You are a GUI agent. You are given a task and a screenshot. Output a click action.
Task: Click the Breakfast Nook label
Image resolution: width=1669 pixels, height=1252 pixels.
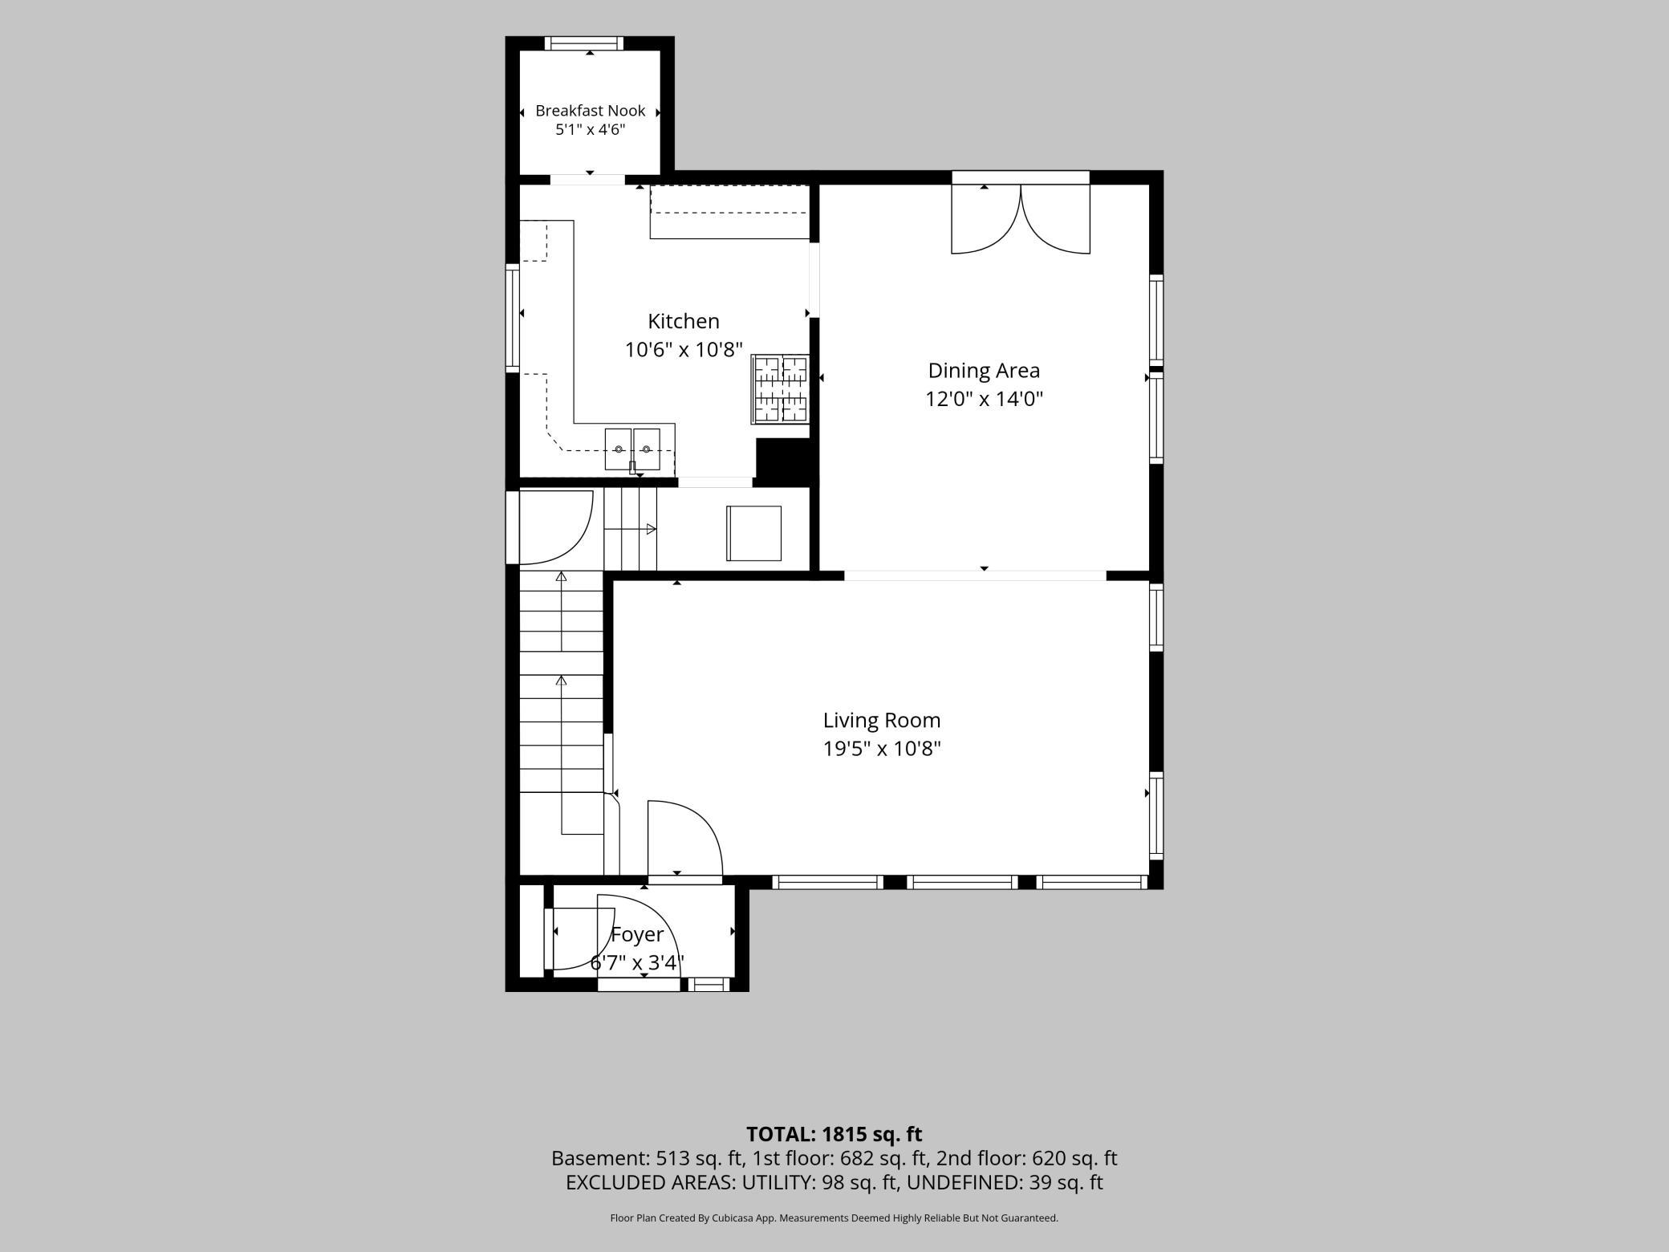590,111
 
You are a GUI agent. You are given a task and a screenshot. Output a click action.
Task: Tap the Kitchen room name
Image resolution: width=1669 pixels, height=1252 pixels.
684,321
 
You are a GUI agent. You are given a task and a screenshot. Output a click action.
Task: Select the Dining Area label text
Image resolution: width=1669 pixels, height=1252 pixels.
984,371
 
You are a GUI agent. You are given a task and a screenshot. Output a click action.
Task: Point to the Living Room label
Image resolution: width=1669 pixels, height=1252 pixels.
882,721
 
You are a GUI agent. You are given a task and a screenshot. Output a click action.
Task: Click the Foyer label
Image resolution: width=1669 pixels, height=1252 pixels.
637,935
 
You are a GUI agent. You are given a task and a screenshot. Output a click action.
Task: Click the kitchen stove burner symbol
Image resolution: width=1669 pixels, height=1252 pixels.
780,389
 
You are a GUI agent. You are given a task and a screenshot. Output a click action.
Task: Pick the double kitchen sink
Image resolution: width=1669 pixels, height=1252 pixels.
632,449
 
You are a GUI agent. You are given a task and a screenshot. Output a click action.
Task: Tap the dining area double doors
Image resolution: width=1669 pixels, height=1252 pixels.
1021,219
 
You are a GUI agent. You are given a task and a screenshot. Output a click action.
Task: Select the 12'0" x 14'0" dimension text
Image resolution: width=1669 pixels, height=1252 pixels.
984,399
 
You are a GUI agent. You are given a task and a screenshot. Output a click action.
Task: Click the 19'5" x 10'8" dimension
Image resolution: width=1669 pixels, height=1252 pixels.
882,749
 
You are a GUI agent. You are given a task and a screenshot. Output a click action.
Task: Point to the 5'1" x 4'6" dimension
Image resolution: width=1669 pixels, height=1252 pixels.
590,130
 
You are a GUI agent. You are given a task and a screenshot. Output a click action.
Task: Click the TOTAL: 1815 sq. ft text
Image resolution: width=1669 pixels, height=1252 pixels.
834,1134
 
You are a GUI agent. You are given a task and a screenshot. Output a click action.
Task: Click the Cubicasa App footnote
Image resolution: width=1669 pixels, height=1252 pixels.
834,1218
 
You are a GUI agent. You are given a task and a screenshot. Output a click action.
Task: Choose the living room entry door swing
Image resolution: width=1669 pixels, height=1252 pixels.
685,838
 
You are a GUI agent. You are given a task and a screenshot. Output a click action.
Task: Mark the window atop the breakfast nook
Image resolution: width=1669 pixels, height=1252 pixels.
583,43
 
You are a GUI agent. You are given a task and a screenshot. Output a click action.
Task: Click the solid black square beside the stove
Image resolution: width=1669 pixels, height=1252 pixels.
782,461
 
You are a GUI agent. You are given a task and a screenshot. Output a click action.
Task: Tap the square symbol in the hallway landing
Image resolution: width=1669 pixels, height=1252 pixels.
754,533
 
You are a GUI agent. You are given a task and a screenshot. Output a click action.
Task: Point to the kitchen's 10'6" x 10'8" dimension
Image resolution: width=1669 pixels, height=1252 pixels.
684,350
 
